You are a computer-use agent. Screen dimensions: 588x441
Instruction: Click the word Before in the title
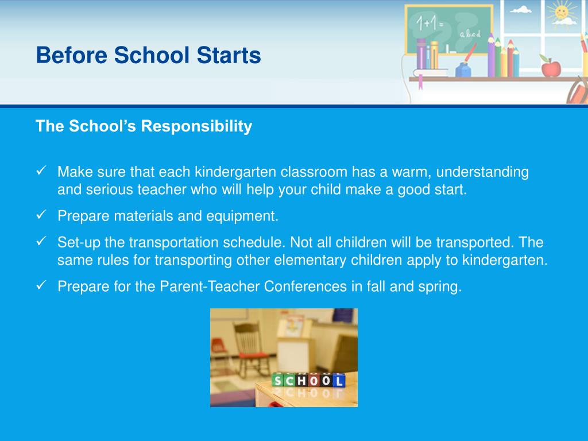tap(72, 55)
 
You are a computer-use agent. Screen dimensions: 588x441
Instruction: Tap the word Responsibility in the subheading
tap(196, 126)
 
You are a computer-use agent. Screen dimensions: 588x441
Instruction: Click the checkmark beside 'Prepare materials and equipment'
tap(41, 215)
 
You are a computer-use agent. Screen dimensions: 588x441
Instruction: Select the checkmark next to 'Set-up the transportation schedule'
tap(41, 241)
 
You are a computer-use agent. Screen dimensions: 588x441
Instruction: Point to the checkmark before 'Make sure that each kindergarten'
tap(41, 171)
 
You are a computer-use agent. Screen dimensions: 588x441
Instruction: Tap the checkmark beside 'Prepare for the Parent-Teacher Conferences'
tap(41, 285)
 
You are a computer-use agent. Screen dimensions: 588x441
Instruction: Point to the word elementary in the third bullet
tap(310, 260)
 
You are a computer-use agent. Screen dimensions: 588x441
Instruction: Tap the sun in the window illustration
tap(562, 12)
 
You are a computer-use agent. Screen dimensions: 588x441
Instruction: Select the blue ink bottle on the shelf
tap(463, 69)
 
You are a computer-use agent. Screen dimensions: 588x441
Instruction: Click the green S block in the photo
tap(278, 380)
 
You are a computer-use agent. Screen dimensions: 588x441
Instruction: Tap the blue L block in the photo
tap(339, 381)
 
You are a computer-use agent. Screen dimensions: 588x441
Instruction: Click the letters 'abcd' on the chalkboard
tap(470, 34)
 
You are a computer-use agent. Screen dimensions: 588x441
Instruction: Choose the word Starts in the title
tap(229, 55)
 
